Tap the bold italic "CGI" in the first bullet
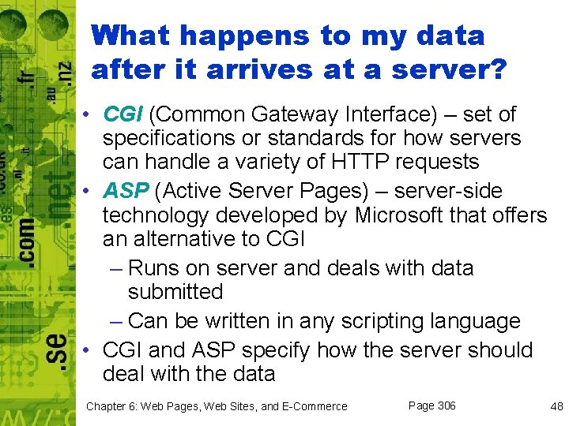coord(122,115)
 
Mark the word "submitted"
coord(175,292)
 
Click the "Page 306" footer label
coord(431,405)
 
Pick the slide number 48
coord(556,406)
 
